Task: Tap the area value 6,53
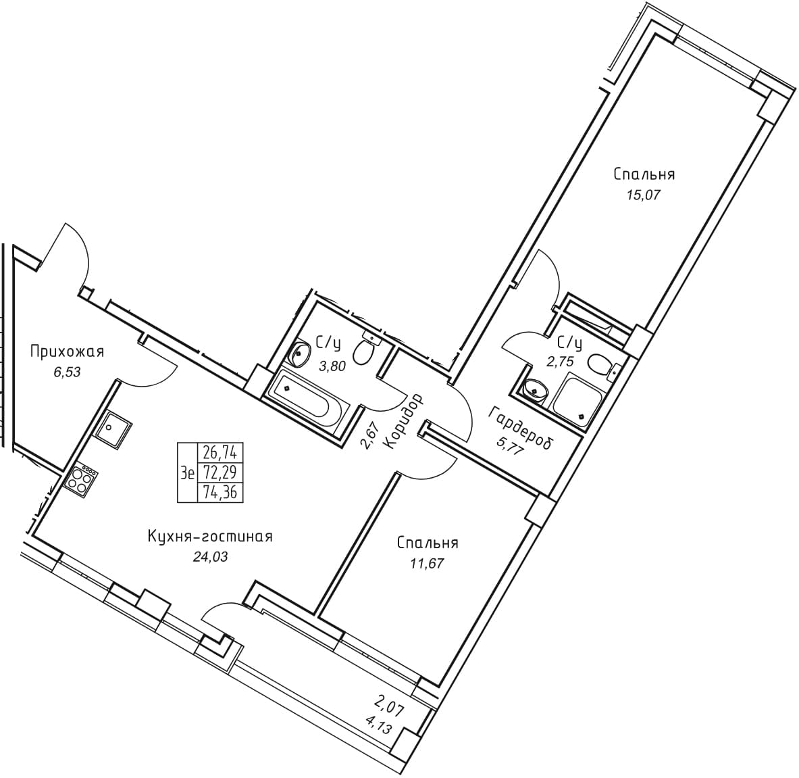[x=68, y=372]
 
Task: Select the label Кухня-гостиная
[x=210, y=537]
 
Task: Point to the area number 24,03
[x=210, y=557]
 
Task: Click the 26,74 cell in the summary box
[x=221, y=452]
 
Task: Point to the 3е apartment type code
[x=188, y=473]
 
